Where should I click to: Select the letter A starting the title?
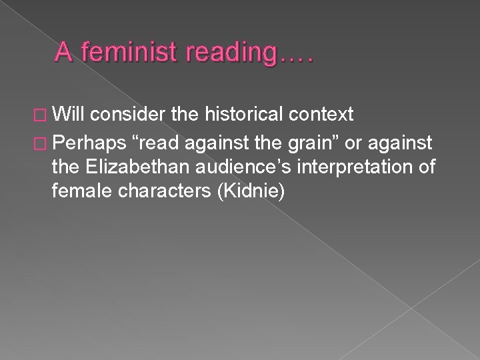coord(63,51)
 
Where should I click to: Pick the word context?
coord(324,115)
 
